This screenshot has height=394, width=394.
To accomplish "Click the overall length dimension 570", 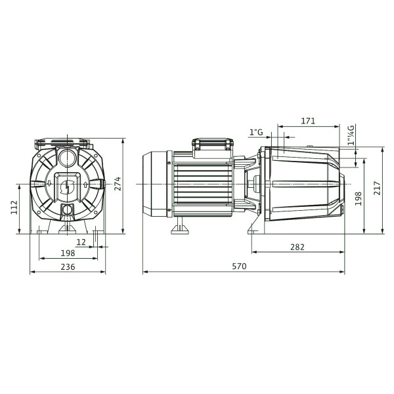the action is [x=239, y=266].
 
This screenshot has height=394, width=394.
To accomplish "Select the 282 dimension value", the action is [x=297, y=248].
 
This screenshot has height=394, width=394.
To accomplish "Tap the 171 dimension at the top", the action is [x=308, y=121].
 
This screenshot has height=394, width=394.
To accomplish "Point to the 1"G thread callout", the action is [x=256, y=132].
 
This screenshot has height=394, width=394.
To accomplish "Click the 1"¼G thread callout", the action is [x=351, y=135].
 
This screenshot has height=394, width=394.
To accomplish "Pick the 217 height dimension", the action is [x=377, y=188].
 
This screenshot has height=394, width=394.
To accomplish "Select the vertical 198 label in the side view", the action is [x=358, y=198].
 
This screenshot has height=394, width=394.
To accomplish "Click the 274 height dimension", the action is [x=118, y=184].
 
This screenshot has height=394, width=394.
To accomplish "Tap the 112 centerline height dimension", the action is [x=14, y=208].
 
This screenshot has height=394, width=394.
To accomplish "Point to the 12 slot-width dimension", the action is [x=81, y=242].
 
